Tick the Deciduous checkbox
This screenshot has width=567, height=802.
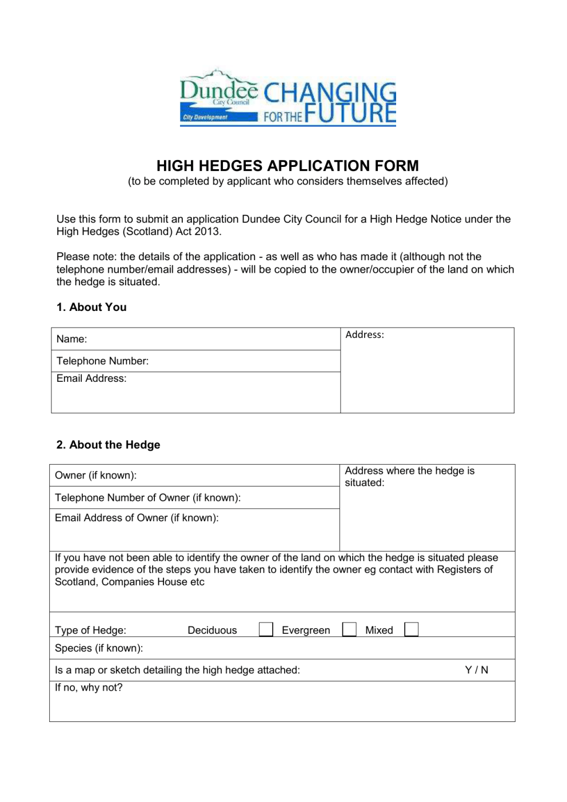(x=266, y=629)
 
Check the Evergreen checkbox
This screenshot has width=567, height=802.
(x=349, y=629)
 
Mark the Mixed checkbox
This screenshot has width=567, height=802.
(x=411, y=629)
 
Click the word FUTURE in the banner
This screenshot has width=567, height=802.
(x=350, y=113)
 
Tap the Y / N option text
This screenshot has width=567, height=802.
(x=476, y=670)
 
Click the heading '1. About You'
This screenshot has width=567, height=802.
(x=91, y=307)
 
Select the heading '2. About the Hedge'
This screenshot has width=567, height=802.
(x=108, y=445)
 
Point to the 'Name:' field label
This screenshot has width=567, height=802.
(x=71, y=339)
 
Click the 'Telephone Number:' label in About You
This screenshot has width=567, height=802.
(x=102, y=361)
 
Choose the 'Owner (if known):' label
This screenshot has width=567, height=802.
(x=95, y=475)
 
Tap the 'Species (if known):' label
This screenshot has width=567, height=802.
(x=99, y=648)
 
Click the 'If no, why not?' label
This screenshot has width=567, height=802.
(x=89, y=687)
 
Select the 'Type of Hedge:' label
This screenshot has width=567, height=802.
(x=90, y=630)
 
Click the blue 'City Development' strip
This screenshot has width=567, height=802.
(x=218, y=117)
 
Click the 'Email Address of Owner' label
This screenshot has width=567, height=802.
(x=137, y=517)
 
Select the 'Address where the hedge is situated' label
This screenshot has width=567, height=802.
(x=409, y=476)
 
